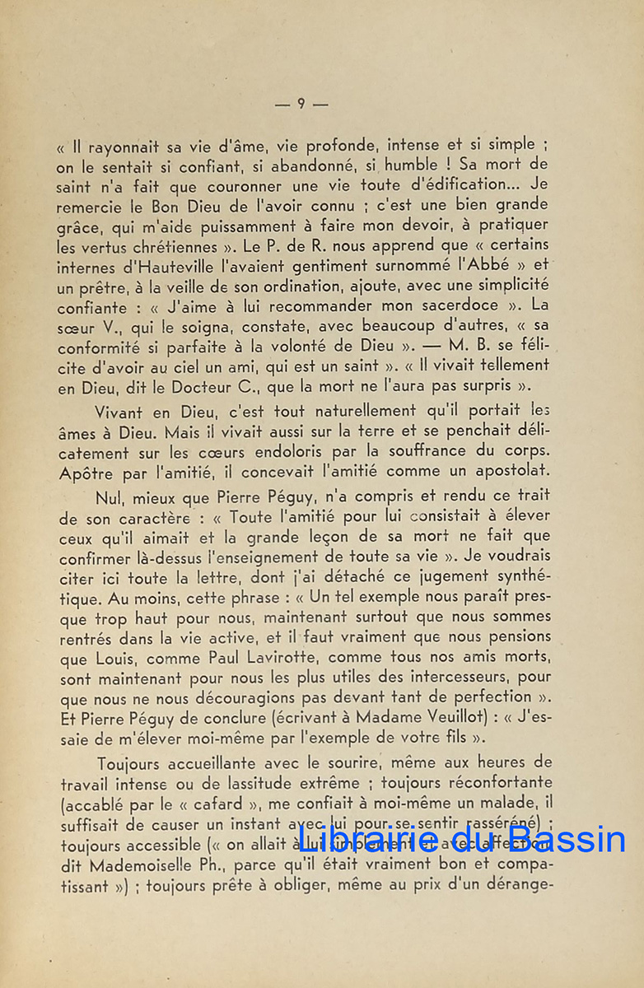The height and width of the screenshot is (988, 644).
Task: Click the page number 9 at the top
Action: (301, 104)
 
